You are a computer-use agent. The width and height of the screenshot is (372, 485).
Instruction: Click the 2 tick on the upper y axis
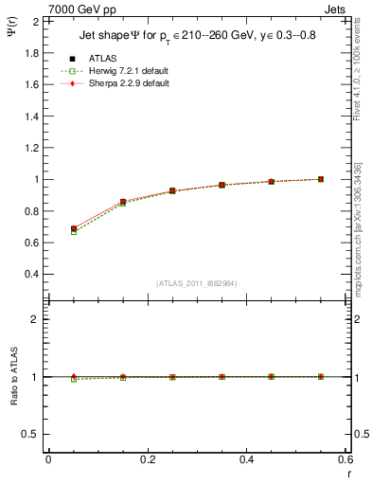pyautogui.click(x=34, y=21)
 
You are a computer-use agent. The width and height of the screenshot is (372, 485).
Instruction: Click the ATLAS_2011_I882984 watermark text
pyautogui.click(x=195, y=283)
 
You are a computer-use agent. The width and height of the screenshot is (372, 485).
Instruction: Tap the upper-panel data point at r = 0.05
pyautogui.click(x=74, y=229)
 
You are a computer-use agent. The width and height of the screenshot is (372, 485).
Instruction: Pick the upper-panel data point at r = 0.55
pyautogui.click(x=321, y=179)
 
